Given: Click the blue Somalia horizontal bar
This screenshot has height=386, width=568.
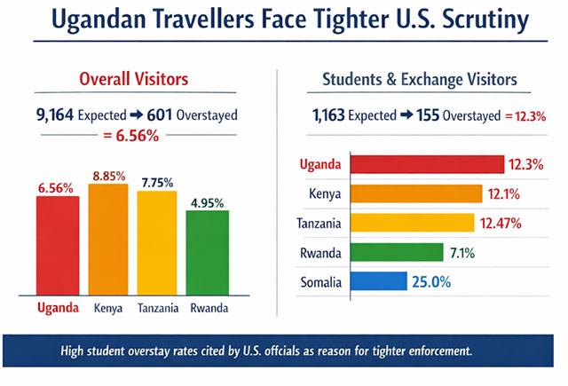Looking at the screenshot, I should click(x=377, y=283).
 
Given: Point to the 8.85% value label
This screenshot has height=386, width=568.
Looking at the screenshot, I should click(x=108, y=175).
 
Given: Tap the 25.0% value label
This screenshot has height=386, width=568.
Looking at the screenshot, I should click(x=430, y=283).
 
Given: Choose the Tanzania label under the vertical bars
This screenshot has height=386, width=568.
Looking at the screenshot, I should click(x=158, y=309).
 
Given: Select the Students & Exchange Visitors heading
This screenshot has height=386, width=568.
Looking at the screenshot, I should click(x=419, y=81).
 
